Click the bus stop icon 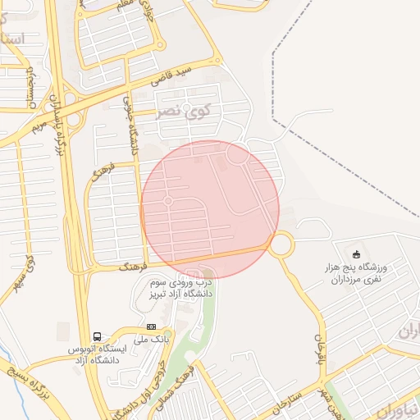tap(98, 336)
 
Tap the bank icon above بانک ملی tap(150, 326)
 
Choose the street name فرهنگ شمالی tap(186, 372)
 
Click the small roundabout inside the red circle tap(168, 201)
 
